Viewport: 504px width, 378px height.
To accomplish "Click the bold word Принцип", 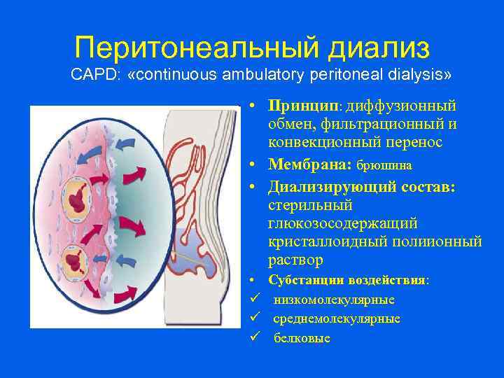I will [x=302, y=106].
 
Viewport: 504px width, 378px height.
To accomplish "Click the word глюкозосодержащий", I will [x=342, y=224].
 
